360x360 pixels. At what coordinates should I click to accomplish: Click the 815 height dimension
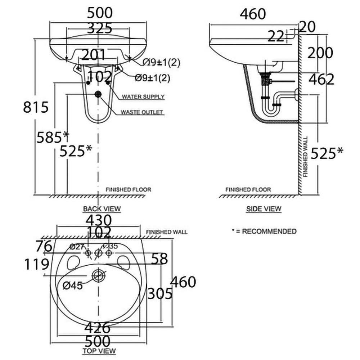tap(36, 107)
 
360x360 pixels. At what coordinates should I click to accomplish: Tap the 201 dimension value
tap(93, 55)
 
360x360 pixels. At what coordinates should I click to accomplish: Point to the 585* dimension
tap(53, 137)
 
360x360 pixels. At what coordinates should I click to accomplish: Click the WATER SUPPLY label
tap(143, 96)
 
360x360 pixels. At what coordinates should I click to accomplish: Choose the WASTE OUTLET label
tap(142, 112)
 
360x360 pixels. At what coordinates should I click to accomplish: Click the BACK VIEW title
tap(102, 208)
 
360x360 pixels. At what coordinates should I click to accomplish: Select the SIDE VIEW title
tap(264, 208)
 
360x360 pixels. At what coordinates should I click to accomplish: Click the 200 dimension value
tap(319, 53)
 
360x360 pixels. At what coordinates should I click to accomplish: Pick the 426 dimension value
tap(98, 328)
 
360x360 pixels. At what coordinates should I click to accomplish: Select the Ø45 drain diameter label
tap(72, 285)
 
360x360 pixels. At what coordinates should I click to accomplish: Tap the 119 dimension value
tap(37, 265)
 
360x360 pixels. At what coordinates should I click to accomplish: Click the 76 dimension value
tap(44, 247)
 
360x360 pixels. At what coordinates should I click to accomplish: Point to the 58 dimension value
tap(159, 258)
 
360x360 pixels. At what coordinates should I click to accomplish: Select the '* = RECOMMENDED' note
tap(264, 231)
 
